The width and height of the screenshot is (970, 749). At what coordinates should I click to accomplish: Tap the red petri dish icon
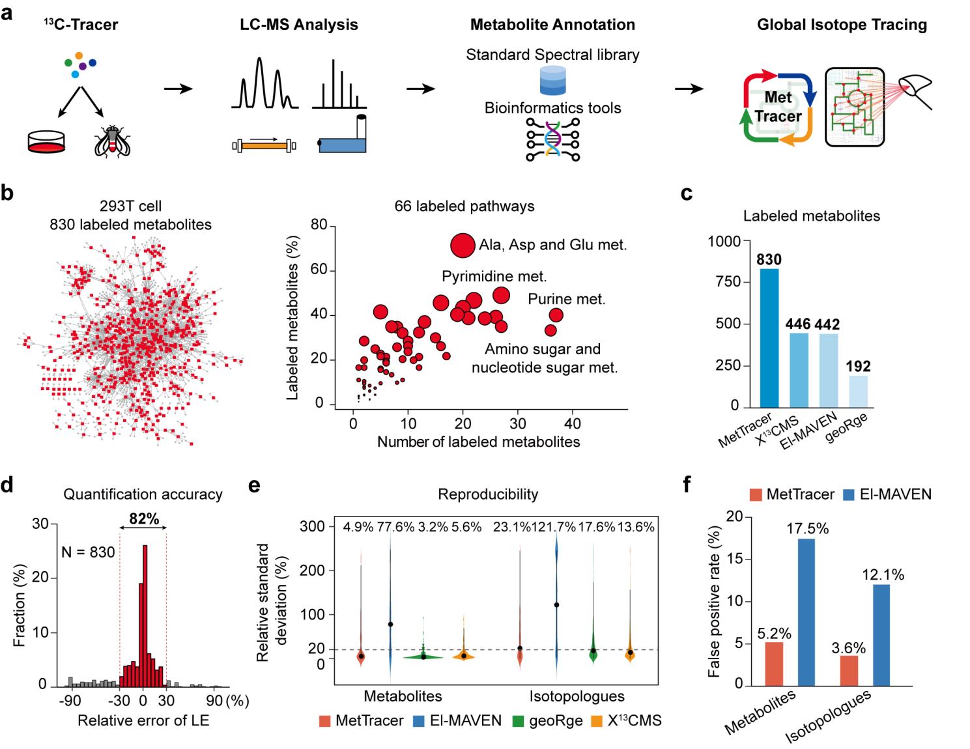tap(46, 141)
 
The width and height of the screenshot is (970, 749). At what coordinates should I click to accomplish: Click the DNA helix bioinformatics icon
tap(553, 139)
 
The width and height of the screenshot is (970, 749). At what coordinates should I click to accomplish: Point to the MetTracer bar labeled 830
tap(769, 337)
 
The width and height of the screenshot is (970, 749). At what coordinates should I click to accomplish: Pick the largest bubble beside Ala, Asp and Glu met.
tap(463, 246)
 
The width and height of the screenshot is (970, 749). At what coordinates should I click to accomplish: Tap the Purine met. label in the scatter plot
tap(566, 300)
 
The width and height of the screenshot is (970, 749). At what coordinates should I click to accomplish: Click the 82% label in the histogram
tap(144, 518)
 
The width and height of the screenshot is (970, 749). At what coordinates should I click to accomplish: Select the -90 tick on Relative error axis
tap(70, 701)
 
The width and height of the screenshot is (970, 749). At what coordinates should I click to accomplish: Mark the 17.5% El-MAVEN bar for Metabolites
tap(805, 612)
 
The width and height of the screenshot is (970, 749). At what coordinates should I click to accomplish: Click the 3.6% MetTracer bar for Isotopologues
tap(849, 670)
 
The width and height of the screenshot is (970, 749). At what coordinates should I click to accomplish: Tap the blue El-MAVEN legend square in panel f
tap(848, 494)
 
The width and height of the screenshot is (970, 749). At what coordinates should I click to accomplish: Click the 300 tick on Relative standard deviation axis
tap(313, 526)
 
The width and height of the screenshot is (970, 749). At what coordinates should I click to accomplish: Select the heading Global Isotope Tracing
tap(842, 25)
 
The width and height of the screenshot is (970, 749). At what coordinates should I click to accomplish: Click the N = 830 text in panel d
tap(88, 552)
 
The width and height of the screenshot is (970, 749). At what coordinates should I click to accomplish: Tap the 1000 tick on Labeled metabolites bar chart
tap(724, 242)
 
